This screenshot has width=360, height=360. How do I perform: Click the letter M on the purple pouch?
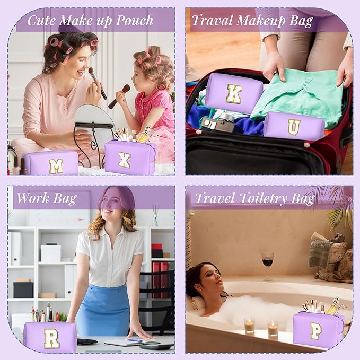click(x=56, y=166)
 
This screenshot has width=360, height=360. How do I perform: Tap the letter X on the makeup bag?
click(x=125, y=160)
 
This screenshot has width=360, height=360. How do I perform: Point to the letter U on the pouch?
click(x=294, y=127)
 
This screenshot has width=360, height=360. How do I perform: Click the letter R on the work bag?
click(x=51, y=338)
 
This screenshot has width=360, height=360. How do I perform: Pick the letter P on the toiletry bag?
click(x=316, y=331)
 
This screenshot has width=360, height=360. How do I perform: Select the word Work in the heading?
click(x=33, y=198)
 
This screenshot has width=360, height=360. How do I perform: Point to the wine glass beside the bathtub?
click(x=267, y=266)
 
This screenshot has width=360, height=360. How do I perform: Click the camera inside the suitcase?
click(x=217, y=121)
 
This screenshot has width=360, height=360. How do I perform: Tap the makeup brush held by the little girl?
click(x=119, y=96)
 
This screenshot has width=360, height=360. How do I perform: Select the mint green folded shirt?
click(x=298, y=96)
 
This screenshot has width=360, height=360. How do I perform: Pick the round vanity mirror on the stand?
click(x=94, y=116)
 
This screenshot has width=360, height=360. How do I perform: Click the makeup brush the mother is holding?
click(x=98, y=83)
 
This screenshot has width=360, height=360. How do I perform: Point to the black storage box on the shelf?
click(x=23, y=290)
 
